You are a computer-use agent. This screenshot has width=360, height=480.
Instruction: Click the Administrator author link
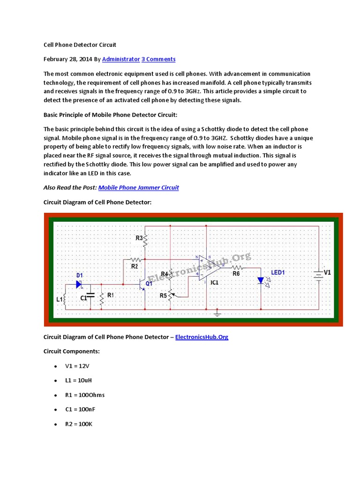tap(120, 59)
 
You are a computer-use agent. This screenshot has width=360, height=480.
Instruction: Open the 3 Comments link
tap(158, 59)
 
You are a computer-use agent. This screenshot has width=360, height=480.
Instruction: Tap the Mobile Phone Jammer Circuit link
tap(138, 187)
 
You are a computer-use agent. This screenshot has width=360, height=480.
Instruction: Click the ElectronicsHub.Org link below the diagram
tap(202, 337)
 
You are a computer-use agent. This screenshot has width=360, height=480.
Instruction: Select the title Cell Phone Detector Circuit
tap(80, 45)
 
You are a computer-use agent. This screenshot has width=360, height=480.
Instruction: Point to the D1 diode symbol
tap(79, 284)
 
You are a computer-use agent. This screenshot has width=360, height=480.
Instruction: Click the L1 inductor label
tap(59, 299)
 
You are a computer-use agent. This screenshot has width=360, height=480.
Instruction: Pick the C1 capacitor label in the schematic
tap(83, 298)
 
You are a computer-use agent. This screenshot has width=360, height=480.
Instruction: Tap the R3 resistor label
tap(139, 238)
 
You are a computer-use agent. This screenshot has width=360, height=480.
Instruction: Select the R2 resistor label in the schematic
tap(135, 266)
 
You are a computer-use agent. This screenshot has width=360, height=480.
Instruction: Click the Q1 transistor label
tap(149, 283)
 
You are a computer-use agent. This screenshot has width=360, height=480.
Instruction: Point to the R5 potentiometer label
tap(163, 296)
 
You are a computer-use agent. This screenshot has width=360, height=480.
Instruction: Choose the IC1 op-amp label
tap(214, 283)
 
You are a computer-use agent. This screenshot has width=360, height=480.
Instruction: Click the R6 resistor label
tap(236, 273)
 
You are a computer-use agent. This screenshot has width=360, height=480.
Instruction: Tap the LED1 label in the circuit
tap(278, 272)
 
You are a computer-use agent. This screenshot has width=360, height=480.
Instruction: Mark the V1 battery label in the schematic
tap(327, 272)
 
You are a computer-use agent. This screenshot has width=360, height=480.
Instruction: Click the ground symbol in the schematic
tap(217, 313)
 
